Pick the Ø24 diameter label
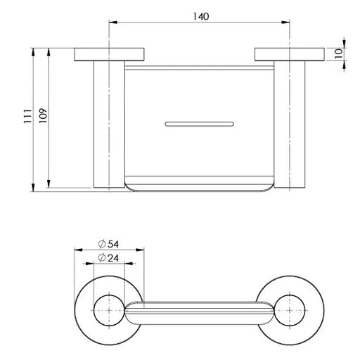tap(109, 258)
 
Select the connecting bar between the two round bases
tap(199, 310)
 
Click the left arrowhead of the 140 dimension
tap(111, 23)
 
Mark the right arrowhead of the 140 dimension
tap(286, 23)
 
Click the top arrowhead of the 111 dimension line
tap(33, 51)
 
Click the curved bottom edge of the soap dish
tap(199, 190)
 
